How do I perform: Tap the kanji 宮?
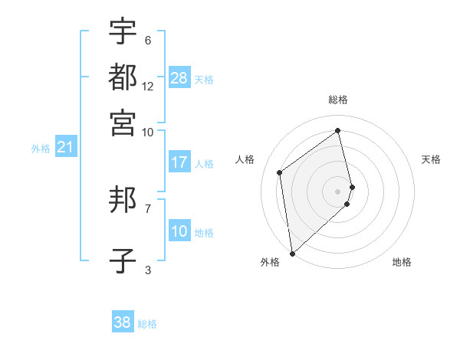pos(123,122)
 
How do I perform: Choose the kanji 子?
pos(123,260)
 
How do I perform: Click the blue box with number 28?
pos(179,78)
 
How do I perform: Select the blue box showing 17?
pos(179,162)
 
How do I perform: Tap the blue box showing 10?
pos(179,231)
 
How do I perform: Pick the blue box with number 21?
pos(65,147)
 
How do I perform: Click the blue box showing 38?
pos(123,322)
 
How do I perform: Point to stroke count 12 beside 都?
pos(148,87)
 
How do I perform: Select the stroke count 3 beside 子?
pos(148,269)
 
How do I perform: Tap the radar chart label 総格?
pos(338,100)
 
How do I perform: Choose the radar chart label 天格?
pos(431,159)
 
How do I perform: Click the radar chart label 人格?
pos(245,159)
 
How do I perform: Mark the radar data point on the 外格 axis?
pos(292,254)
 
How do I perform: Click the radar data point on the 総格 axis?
pos(338,130)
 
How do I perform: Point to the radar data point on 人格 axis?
pos(280,172)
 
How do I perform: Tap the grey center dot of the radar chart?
pos(338,191)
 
